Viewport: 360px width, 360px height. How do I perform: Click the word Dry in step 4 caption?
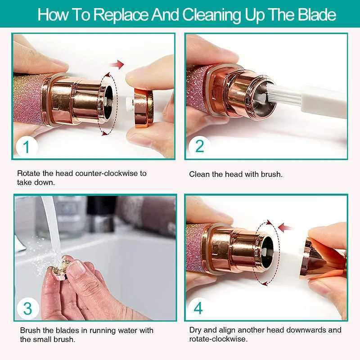tap(195, 330)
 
